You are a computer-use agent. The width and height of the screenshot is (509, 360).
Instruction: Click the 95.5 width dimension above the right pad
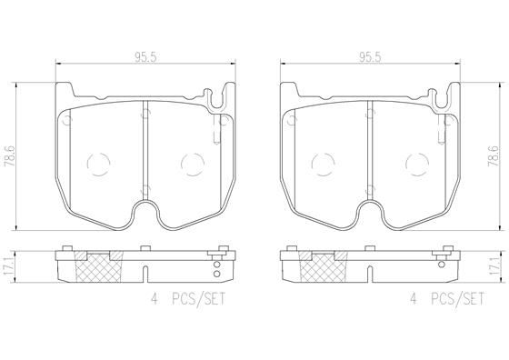[x=368, y=55]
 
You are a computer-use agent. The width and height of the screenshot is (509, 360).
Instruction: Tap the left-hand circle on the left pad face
[x=99, y=165]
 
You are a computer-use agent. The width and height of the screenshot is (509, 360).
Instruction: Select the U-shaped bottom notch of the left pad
[x=145, y=215]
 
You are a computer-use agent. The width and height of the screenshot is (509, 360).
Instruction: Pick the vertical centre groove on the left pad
[x=145, y=150]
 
